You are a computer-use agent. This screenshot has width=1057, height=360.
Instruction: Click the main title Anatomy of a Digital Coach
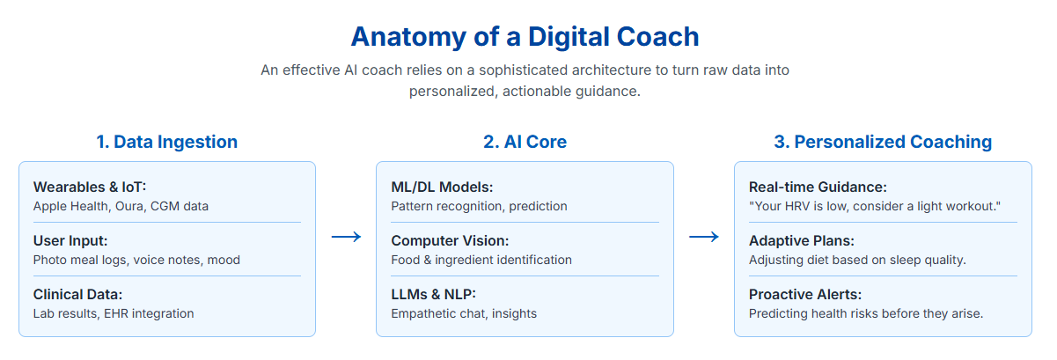tap(525, 37)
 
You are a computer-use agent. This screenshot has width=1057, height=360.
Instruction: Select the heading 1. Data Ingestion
tap(167, 142)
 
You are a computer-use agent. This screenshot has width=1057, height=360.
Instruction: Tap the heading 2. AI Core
tap(525, 142)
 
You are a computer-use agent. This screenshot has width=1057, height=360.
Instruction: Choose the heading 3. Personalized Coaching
tap(883, 142)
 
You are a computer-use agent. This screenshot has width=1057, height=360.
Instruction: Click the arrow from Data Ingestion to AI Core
tap(347, 237)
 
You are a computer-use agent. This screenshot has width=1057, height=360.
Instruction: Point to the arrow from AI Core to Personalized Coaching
tap(704, 237)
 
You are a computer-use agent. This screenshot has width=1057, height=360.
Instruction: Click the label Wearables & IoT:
tap(90, 187)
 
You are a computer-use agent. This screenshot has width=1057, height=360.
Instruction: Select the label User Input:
tap(70, 240)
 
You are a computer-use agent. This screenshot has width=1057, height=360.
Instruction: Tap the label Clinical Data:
tap(77, 294)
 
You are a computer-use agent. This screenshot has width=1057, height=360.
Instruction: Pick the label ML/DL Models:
tap(442, 187)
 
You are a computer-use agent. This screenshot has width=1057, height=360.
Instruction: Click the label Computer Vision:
tap(450, 240)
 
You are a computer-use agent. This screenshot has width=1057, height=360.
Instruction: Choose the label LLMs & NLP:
tap(434, 294)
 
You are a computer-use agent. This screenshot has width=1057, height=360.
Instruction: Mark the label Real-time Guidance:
tap(818, 187)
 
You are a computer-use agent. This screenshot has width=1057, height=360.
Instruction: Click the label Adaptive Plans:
tap(802, 240)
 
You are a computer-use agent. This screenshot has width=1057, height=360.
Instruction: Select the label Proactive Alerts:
tap(805, 294)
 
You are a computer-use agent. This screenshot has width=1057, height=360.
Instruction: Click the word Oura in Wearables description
tap(129, 206)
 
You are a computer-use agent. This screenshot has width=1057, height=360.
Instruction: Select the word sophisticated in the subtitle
tap(524, 70)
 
